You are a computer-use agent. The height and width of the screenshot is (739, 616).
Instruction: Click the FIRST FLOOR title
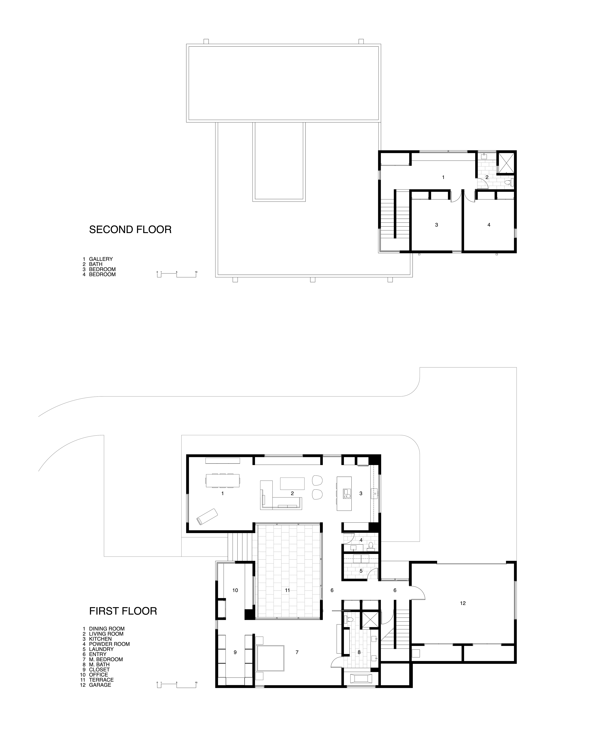coord(123,611)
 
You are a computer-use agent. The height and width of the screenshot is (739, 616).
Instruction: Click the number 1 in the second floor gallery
coord(443,177)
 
